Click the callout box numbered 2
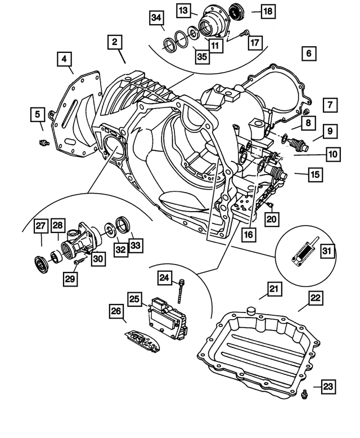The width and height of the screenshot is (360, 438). (x=114, y=42)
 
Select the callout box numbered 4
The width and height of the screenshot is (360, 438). (x=64, y=59)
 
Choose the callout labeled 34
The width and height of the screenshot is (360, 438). (x=156, y=18)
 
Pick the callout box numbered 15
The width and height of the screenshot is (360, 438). (x=315, y=175)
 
